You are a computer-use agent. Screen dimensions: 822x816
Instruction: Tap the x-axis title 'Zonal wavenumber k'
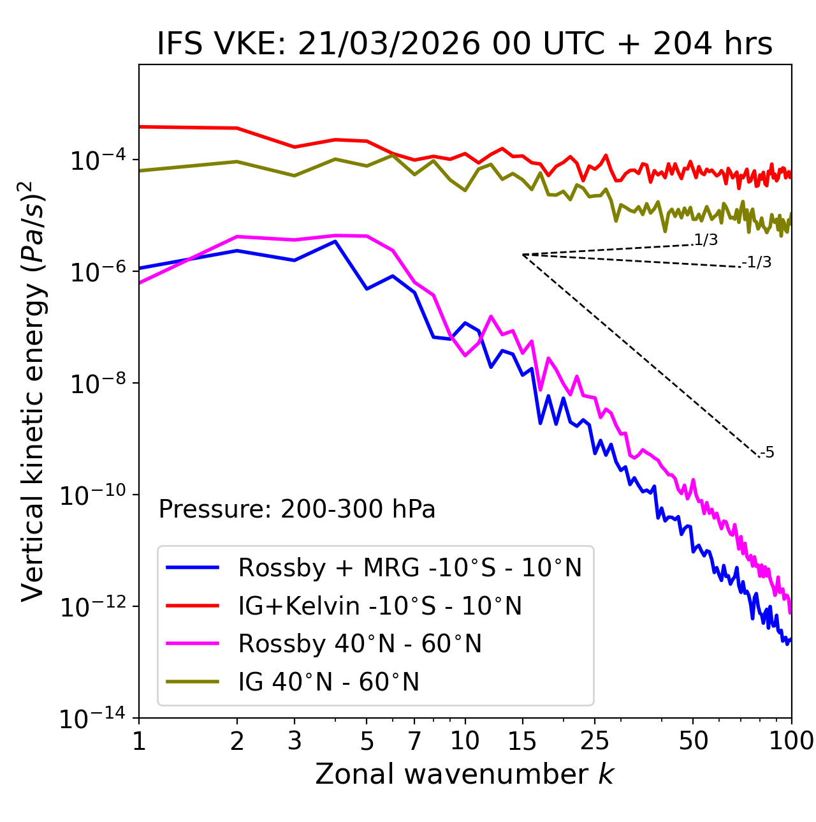[x=465, y=773]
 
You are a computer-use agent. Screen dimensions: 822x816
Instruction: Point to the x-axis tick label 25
[x=594, y=741]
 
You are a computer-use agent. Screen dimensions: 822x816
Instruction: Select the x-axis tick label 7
[x=414, y=741]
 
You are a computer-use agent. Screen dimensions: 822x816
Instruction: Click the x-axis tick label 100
[x=791, y=741]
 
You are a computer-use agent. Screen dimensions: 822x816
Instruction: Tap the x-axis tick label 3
[x=295, y=741]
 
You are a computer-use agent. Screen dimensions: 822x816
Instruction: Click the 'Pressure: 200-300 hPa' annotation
[x=297, y=509]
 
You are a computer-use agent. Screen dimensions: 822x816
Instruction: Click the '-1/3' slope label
[x=757, y=262]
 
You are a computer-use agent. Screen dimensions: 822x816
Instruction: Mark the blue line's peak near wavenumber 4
[x=335, y=241]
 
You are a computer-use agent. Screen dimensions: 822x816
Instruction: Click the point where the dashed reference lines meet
[x=523, y=255]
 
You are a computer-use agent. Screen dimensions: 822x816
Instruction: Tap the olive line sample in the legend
[x=193, y=682]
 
